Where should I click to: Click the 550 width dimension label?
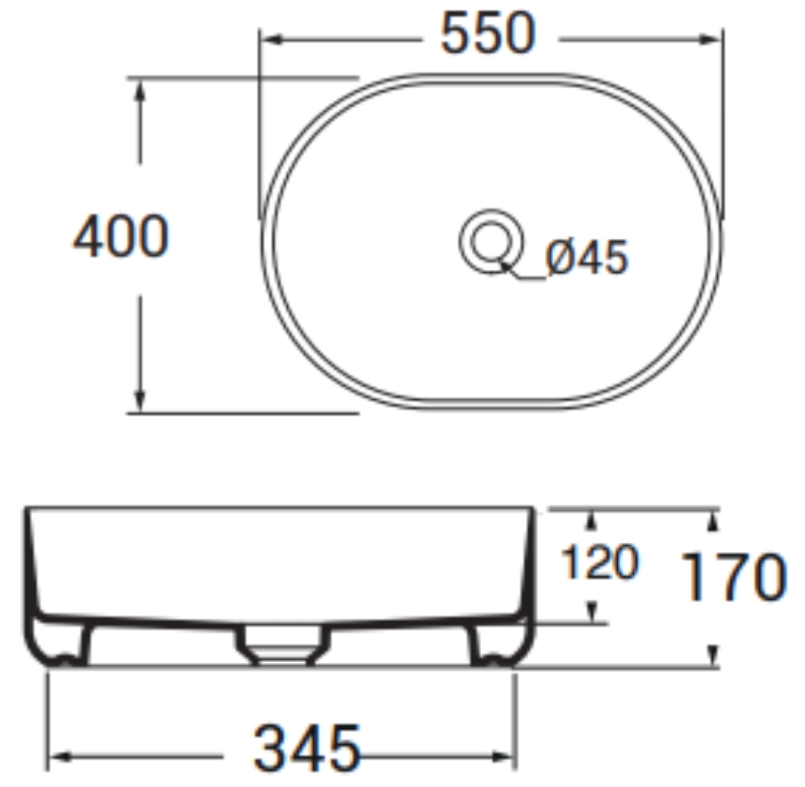pos(489,34)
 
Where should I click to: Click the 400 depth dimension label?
pos(121,237)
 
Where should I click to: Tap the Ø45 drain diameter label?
pos(586,257)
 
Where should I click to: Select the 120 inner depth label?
pos(600,562)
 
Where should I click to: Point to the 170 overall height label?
pos(733,577)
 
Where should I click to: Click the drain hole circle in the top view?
pos(492,242)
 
